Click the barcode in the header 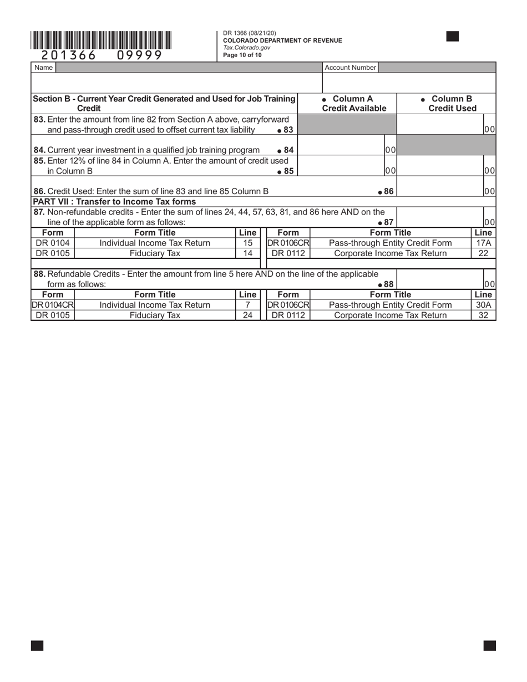pyautogui.click(x=101, y=41)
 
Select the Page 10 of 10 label pyautogui.click(x=242, y=55)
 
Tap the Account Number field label pyautogui.click(x=350, y=68)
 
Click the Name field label pyautogui.click(x=43, y=68)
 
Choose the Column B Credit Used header pyautogui.click(x=447, y=104)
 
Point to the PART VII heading pyautogui.click(x=115, y=201)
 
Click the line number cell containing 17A pyautogui.click(x=483, y=243)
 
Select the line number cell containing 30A pyautogui.click(x=483, y=305)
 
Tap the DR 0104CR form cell pyautogui.click(x=53, y=305)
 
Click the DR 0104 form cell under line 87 pyautogui.click(x=53, y=243)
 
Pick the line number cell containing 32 pyautogui.click(x=483, y=315)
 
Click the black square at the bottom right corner pyautogui.click(x=489, y=645)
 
